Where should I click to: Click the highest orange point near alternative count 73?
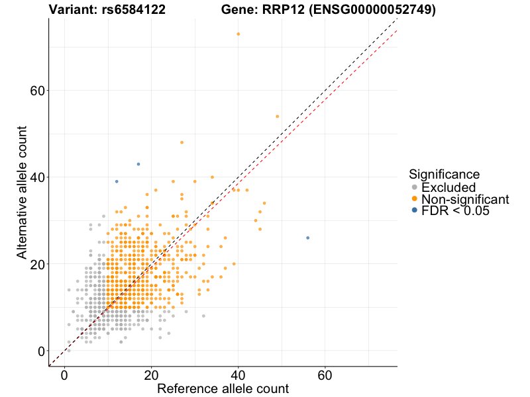tap(238, 34)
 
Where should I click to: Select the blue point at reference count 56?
tap(307, 238)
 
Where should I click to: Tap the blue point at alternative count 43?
tap(138, 164)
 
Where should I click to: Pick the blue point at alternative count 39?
tap(117, 181)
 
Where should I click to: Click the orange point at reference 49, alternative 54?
tap(277, 116)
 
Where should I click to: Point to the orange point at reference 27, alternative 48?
tap(182, 142)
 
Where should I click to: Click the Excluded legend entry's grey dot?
tap(415, 188)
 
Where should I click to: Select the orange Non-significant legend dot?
tap(415, 199)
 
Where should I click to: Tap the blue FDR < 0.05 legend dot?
tap(415, 210)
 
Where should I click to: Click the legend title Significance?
tap(444, 175)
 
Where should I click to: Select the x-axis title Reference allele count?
tap(223, 388)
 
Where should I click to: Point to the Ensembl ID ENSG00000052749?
tap(368, 9)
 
